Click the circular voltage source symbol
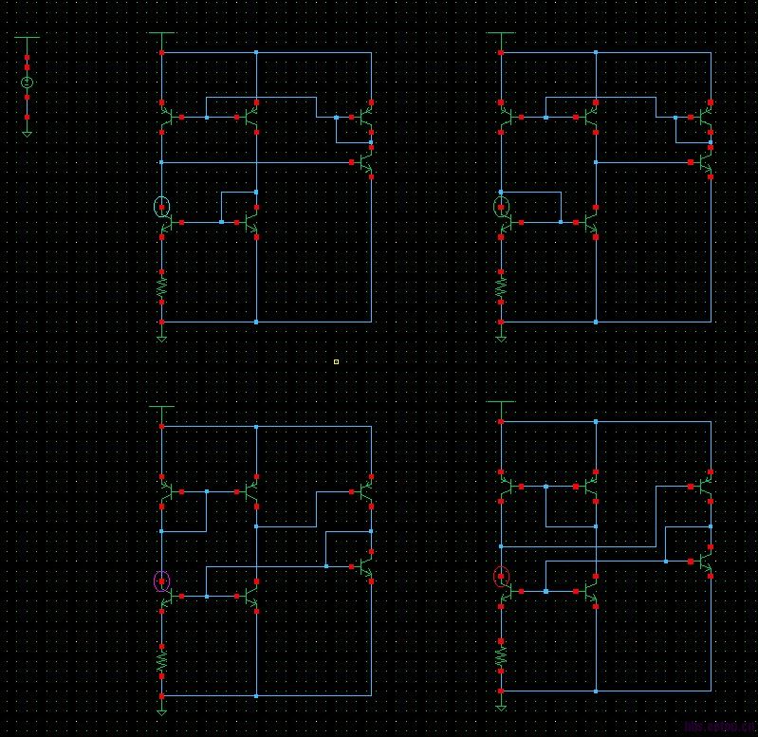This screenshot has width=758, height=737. [x=27, y=83]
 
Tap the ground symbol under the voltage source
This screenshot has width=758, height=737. [x=27, y=134]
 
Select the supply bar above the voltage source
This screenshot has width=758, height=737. [x=27, y=38]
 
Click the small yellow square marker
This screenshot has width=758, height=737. [x=336, y=361]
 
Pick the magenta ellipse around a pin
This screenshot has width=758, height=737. [x=162, y=581]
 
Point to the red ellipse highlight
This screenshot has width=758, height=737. [x=501, y=577]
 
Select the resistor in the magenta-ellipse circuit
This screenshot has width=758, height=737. [x=162, y=657]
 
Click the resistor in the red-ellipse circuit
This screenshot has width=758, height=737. [x=501, y=654]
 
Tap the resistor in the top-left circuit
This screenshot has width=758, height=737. [x=162, y=285]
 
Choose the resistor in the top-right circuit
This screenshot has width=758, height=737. [x=501, y=285]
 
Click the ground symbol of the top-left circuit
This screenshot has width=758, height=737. [x=162, y=336]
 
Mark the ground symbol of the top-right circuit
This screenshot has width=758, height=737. [x=501, y=336]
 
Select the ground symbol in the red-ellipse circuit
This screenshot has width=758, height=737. [x=501, y=705]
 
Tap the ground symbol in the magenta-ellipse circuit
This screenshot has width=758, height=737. [x=162, y=709]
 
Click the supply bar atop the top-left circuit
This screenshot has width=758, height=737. [x=162, y=34]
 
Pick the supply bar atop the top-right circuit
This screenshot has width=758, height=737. [x=501, y=34]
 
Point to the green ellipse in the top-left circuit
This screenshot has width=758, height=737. [x=162, y=207]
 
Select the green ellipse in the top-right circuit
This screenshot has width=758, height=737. [x=501, y=207]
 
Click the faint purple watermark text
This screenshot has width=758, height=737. [x=715, y=728]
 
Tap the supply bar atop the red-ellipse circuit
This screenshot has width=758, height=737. [x=501, y=402]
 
